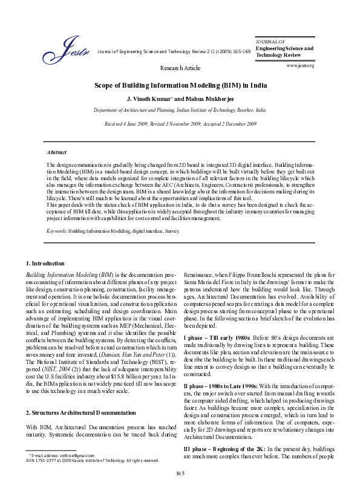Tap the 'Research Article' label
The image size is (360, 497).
coord(180,68)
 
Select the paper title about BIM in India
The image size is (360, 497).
coord(180,86)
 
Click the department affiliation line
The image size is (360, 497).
coord(180,111)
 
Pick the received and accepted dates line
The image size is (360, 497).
coord(180,123)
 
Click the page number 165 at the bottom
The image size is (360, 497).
coord(180,488)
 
